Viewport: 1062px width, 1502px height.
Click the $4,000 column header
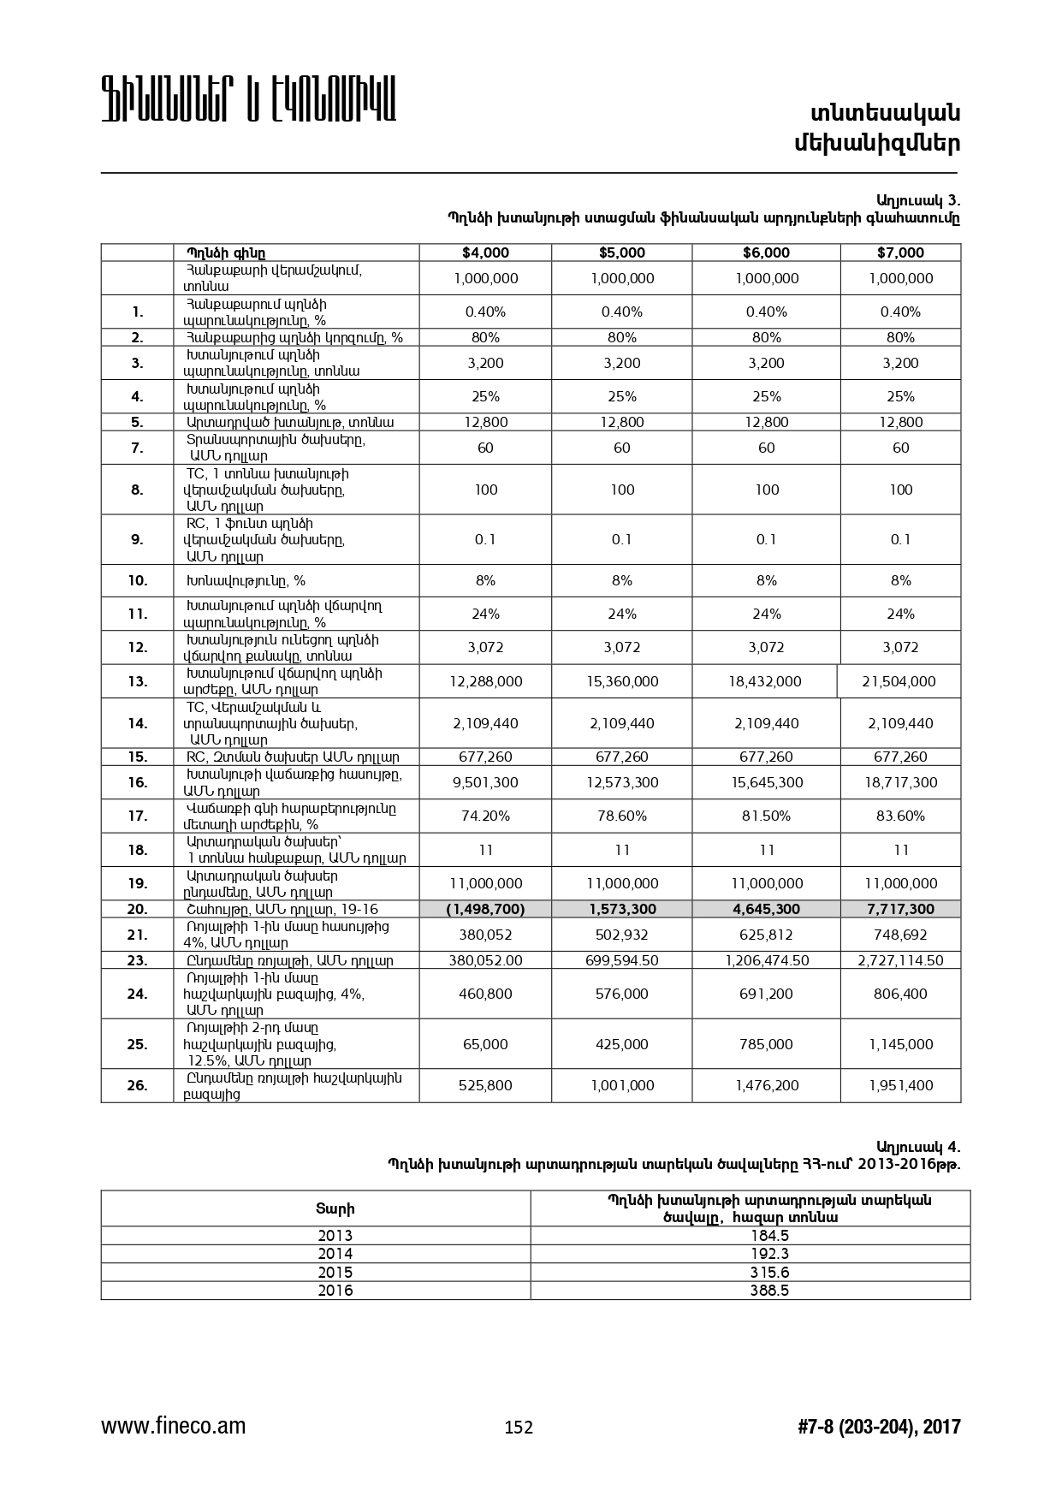485,252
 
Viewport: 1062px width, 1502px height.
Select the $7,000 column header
900,252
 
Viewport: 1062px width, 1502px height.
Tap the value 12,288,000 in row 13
485,681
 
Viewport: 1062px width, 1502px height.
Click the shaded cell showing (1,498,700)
485,909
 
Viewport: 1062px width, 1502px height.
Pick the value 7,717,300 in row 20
900,909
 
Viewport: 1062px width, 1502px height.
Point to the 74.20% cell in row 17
485,816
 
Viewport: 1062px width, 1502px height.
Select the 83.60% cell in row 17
900,816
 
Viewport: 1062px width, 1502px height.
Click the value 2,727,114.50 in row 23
900,960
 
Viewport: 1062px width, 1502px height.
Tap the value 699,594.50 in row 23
622,960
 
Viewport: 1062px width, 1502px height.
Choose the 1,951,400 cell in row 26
900,1085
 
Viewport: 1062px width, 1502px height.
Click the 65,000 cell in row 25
485,1044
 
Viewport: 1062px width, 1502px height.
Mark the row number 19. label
138,883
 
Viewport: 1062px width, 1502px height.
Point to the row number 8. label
138,490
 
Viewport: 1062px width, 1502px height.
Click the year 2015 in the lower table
335,1273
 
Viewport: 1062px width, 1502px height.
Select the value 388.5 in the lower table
769,1291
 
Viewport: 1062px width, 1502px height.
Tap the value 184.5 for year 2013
769,1236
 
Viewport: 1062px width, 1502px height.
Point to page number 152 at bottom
519,1428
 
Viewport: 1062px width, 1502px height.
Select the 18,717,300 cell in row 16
900,782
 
